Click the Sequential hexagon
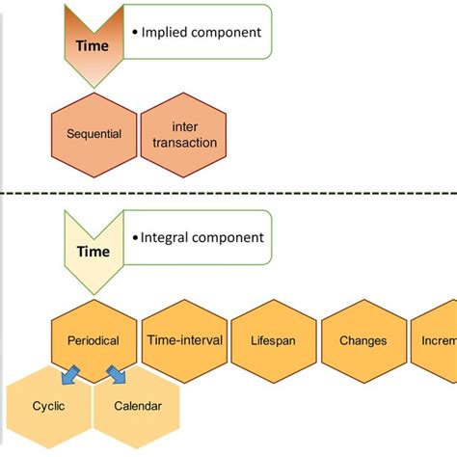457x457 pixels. pos(94,135)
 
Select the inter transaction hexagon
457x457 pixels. pos(184,135)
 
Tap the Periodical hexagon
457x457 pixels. pos(94,340)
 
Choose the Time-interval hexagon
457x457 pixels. pos(184,340)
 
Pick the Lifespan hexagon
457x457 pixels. pos(274,340)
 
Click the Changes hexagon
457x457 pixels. pos(363,340)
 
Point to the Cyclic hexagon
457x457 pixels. pos(47,406)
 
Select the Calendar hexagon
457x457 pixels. pos(137,406)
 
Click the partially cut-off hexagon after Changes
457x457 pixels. pos(439,340)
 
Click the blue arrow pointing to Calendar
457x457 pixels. pos(117,374)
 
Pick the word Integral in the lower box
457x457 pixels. pos(165,237)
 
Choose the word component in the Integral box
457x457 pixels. pos(227,237)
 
